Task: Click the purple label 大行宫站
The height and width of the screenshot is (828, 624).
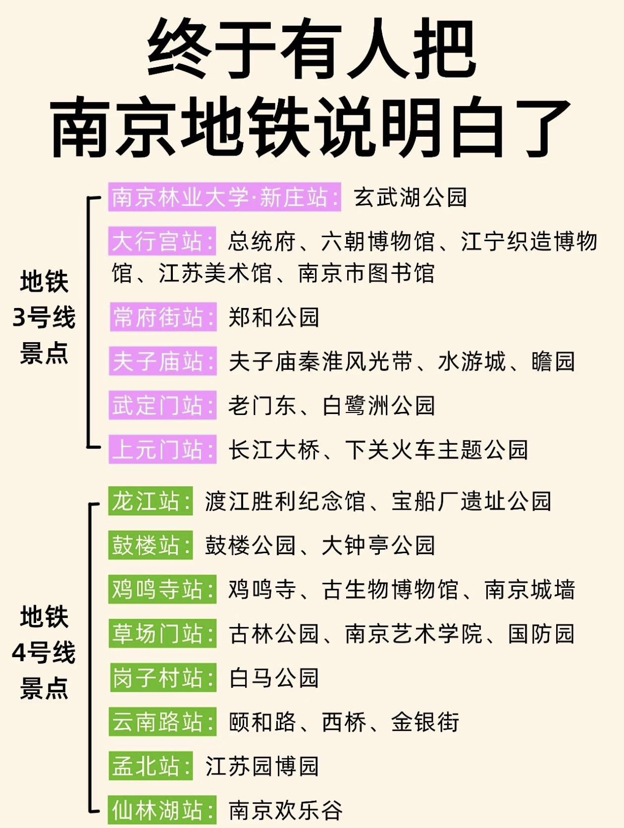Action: [162, 242]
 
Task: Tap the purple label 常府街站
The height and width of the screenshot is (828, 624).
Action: [163, 317]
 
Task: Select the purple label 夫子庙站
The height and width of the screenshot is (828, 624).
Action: [163, 361]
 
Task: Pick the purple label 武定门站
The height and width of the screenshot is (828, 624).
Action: [163, 405]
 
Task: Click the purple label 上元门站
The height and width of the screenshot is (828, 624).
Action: [163, 450]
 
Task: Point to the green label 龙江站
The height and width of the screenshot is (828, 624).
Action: [151, 501]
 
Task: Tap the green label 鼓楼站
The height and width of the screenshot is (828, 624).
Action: [151, 545]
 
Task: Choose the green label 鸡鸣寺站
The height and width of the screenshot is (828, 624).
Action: [162, 589]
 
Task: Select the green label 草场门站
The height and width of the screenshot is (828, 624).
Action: [162, 633]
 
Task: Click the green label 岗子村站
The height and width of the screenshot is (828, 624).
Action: [163, 677]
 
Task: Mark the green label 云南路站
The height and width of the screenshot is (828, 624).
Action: [162, 722]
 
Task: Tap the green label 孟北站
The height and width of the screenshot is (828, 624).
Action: [151, 766]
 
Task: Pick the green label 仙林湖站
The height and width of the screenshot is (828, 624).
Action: [162, 810]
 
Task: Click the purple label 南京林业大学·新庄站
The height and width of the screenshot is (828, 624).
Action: [225, 197]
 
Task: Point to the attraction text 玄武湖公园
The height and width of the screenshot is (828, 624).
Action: [411, 197]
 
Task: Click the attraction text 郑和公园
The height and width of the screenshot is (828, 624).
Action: [274, 317]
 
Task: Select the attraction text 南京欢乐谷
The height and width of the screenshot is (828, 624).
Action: [286, 810]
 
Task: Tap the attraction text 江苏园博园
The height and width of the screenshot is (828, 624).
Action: [262, 766]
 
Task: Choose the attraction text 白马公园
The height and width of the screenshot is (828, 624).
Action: [274, 677]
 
